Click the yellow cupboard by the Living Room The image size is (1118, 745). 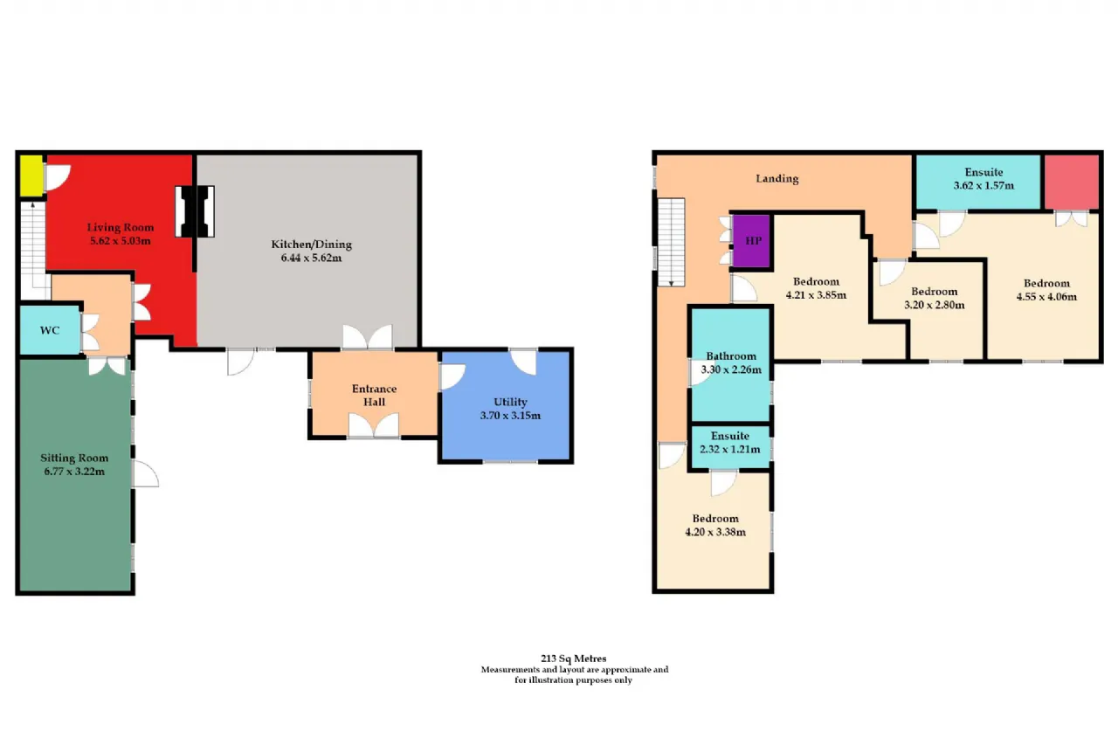[x=31, y=176]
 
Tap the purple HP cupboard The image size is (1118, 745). [x=752, y=242]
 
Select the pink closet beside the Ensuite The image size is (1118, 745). [x=1072, y=182]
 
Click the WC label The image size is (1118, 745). [x=50, y=330]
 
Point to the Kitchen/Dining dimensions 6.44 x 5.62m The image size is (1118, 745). [x=312, y=258]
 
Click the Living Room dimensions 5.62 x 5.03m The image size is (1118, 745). [x=120, y=241]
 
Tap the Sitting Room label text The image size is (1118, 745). [x=74, y=458]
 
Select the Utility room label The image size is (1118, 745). [x=510, y=402]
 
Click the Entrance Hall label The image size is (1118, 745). [x=375, y=395]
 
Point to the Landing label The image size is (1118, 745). [x=777, y=179]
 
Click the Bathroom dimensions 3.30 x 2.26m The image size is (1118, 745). [x=731, y=369]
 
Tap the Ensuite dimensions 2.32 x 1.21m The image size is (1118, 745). [x=729, y=449]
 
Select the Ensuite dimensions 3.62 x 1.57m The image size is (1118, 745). [x=983, y=186]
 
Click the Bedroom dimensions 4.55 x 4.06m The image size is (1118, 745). [x=1046, y=297]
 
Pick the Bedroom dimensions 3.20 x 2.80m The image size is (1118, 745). [x=935, y=305]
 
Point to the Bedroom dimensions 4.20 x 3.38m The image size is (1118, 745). [x=715, y=532]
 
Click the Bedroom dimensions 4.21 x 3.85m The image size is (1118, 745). [x=816, y=295]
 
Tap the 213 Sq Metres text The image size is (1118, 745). [x=574, y=659]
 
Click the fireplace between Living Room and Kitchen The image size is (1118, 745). [x=195, y=211]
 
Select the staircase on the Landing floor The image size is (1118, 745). [x=671, y=243]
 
